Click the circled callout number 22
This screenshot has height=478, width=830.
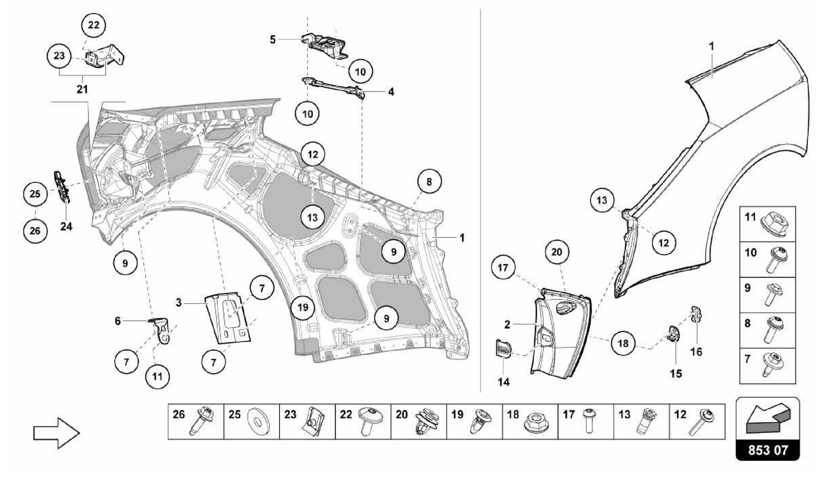click(x=94, y=25)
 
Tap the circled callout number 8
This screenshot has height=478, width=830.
click(x=429, y=181)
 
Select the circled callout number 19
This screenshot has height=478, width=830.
click(x=303, y=307)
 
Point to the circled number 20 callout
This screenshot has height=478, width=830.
click(x=557, y=252)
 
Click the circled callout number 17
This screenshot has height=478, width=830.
click(x=503, y=268)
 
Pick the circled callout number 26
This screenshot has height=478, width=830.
click(x=35, y=230)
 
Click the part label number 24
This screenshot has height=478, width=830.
click(x=66, y=226)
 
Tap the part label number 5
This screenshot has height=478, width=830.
click(x=273, y=39)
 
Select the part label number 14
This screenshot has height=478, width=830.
click(x=504, y=382)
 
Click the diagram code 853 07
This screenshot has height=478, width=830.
click(x=768, y=450)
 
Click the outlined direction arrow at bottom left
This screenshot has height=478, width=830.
click(x=56, y=433)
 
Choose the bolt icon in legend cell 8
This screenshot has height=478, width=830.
click(x=774, y=331)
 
